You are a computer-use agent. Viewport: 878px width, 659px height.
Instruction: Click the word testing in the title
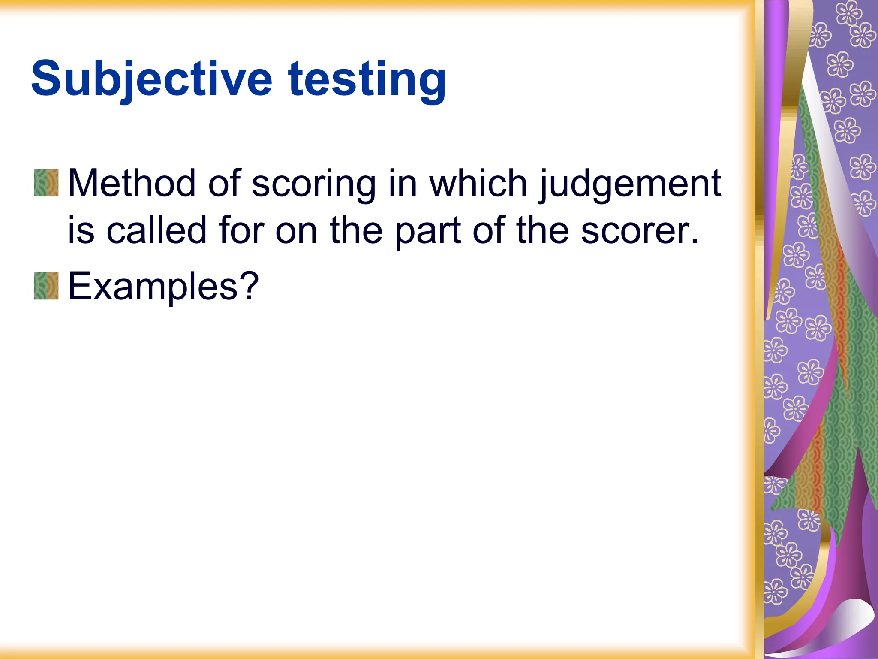[367, 79]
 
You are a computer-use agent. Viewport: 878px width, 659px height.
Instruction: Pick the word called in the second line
[156, 230]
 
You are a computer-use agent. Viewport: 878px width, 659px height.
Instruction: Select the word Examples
[153, 287]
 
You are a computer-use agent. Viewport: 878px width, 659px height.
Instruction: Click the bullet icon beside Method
[46, 183]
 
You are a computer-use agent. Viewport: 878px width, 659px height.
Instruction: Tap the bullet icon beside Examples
[46, 286]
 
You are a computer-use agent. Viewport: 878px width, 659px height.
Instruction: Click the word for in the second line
[241, 230]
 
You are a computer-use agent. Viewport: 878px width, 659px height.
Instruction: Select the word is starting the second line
[81, 230]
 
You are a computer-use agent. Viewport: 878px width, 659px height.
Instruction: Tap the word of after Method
[224, 184]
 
